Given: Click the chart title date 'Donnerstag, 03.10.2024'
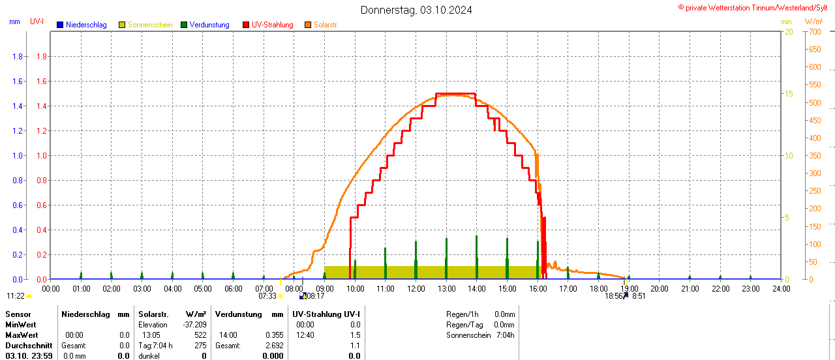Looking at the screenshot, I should click(416, 10).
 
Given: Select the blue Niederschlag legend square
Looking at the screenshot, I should click(60, 25).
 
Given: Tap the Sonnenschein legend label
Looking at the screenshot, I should click(150, 25).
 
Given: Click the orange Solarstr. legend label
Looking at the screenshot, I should click(326, 25).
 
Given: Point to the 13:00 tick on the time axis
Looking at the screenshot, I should click(446, 288).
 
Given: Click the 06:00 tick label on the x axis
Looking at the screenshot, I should click(233, 288).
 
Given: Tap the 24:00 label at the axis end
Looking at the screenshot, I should click(781, 288).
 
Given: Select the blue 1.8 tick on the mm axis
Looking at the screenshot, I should click(18, 57).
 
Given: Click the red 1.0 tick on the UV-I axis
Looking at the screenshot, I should click(40, 156).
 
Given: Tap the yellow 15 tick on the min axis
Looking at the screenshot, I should click(789, 94).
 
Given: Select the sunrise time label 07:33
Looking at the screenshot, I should click(267, 296).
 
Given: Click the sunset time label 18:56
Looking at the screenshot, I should click(613, 296).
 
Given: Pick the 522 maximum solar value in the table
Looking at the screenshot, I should click(200, 335).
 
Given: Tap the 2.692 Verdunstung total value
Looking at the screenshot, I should click(274, 346).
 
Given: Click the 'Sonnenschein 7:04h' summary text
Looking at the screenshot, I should click(480, 335).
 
